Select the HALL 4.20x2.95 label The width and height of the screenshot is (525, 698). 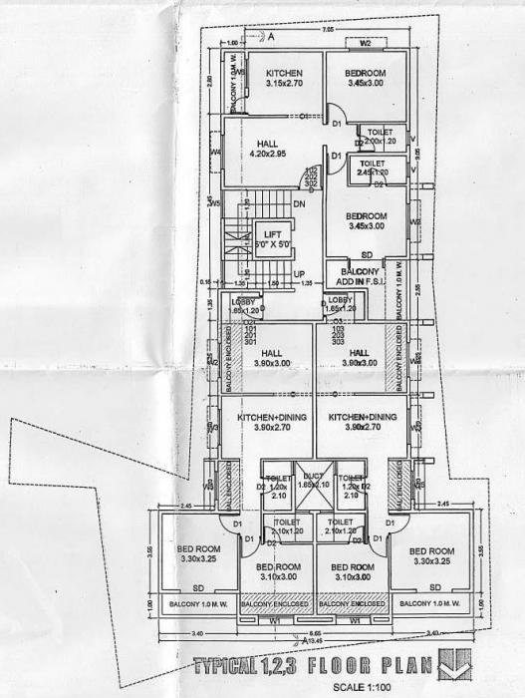point(267,149)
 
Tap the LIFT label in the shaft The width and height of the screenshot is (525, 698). point(258,240)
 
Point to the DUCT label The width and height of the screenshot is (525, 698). point(313,481)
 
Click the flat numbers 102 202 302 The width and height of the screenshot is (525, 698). point(311,176)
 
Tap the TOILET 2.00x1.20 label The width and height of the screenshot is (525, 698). point(380,137)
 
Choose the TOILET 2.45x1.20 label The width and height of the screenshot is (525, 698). point(373,168)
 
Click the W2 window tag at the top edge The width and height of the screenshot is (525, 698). point(366,44)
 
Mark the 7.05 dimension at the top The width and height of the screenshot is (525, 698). point(327,33)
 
